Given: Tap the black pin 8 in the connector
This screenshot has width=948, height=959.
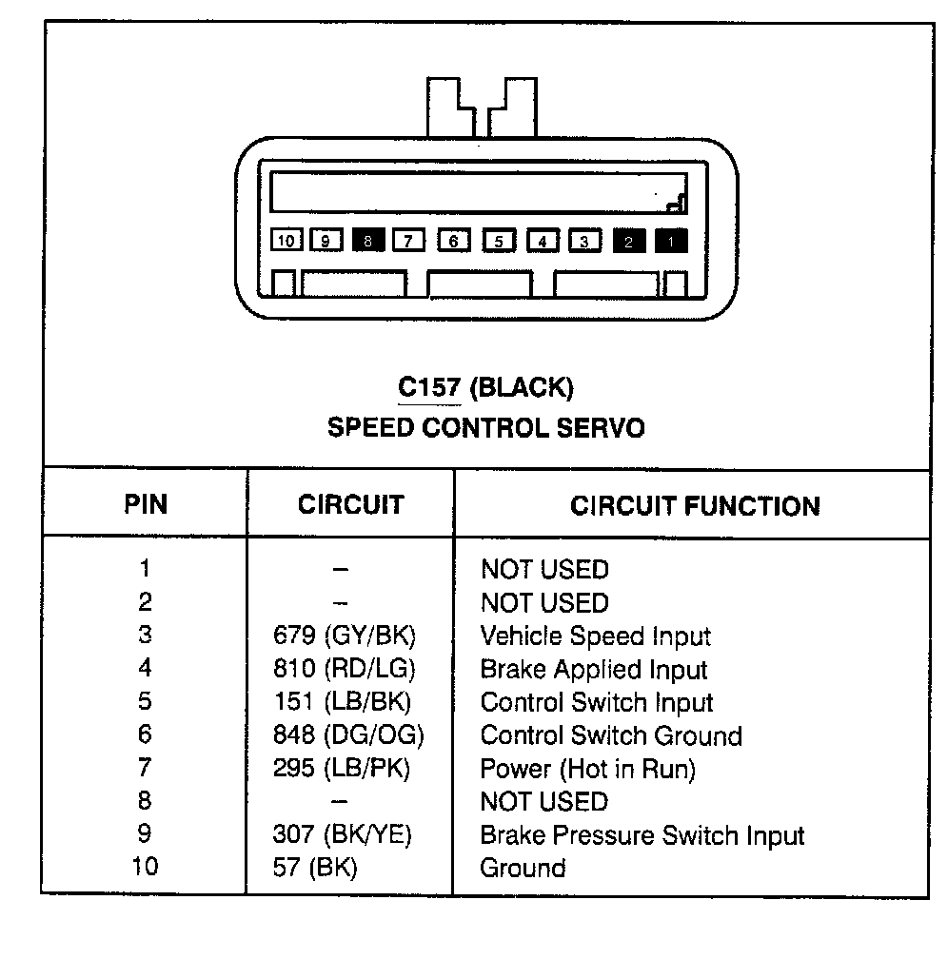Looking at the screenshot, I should (x=368, y=241).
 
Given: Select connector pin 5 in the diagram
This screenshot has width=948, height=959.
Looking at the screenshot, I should (x=499, y=241).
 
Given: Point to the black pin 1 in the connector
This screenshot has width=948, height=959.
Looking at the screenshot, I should (x=672, y=241).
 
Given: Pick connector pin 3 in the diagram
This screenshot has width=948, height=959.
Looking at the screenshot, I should (x=585, y=241).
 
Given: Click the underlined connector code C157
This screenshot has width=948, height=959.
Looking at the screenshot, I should (x=428, y=388).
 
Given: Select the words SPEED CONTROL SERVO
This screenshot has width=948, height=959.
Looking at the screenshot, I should (x=485, y=428).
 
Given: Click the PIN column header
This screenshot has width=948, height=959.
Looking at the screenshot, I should (x=146, y=504).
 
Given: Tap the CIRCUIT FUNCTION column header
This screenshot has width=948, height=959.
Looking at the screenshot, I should (x=695, y=505).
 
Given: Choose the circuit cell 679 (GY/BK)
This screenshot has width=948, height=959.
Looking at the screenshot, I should (x=344, y=636).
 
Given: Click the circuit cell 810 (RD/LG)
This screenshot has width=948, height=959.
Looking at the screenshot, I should (x=344, y=669).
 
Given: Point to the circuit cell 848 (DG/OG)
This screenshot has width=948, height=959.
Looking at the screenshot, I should (x=347, y=735).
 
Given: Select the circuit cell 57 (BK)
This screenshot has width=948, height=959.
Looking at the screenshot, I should (x=314, y=868).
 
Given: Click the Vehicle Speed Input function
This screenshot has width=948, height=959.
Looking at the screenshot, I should (x=595, y=636).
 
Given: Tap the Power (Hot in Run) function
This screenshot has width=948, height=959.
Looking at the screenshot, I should (x=587, y=768).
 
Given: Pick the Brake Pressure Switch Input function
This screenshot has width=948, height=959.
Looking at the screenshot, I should (x=642, y=835).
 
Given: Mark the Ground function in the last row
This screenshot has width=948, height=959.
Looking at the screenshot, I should (x=523, y=868).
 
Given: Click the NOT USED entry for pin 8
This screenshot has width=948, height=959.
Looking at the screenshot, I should (x=543, y=801).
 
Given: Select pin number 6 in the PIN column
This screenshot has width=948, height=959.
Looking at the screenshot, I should (x=145, y=735).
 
